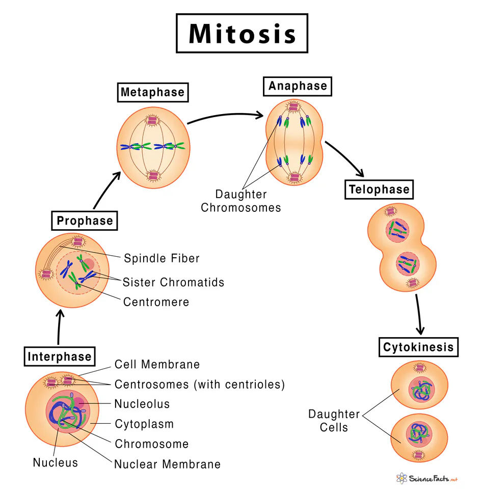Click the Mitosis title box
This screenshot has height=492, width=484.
242,34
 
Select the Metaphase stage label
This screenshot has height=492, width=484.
152,93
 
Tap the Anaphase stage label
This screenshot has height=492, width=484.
298,86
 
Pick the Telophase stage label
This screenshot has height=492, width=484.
379,190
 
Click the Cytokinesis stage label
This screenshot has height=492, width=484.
418,348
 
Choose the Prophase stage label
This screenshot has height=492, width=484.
85,221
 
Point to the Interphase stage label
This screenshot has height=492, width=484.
60,357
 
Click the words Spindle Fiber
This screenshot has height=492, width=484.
162,258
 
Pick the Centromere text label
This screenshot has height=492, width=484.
156,302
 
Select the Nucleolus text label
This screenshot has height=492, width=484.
142,404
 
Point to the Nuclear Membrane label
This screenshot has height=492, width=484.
167,464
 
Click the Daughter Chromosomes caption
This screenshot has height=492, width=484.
240,201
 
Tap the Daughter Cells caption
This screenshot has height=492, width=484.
334,421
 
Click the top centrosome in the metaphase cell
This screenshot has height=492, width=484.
153,120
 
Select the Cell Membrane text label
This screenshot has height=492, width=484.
157,365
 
